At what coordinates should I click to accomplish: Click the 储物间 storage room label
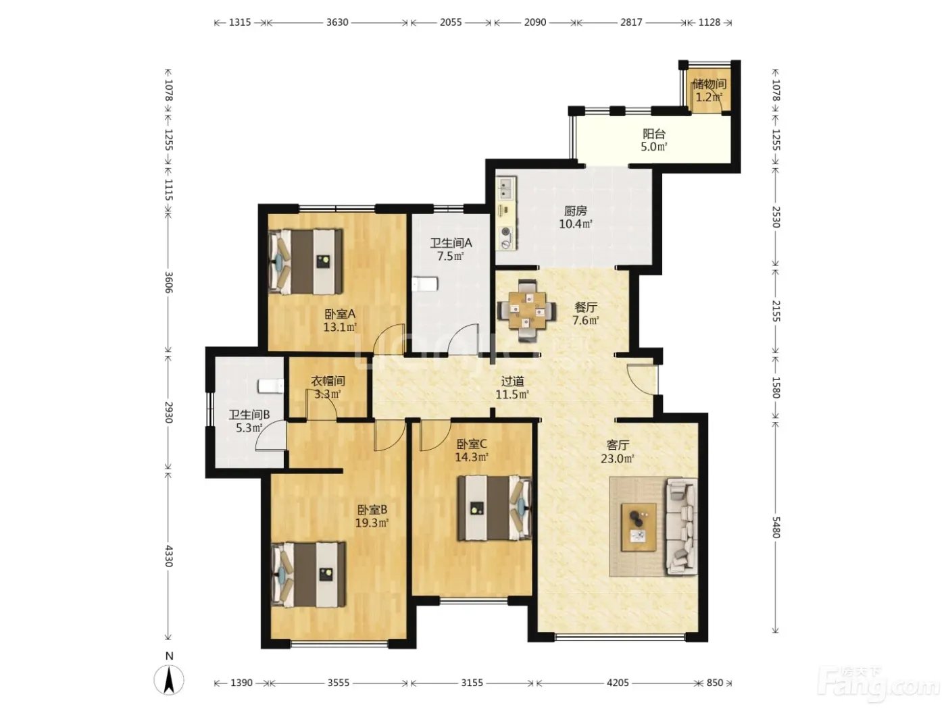point(709,84)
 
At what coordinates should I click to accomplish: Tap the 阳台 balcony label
point(654,134)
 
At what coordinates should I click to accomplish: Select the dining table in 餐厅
point(527,311)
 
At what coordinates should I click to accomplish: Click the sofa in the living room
point(681,526)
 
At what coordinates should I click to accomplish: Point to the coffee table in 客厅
point(639,527)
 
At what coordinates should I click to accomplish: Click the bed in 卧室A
point(305,262)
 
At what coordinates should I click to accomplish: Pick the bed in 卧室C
point(495,508)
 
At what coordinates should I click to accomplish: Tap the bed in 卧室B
point(309,574)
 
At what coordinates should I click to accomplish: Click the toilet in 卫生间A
point(425,284)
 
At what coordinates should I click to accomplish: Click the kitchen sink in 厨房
point(507,188)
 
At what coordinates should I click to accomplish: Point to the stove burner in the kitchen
point(506,232)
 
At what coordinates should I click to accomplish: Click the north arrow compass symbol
point(169,680)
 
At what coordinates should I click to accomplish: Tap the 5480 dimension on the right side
point(775,527)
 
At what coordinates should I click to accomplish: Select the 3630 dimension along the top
point(337,22)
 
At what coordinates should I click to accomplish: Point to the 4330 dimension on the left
point(168,556)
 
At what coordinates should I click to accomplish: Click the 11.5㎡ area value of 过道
point(512,394)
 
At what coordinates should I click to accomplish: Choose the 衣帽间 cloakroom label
point(328,381)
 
